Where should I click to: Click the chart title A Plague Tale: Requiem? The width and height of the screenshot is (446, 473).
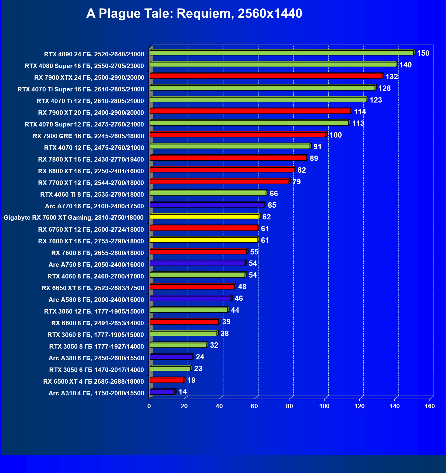tap(194, 13)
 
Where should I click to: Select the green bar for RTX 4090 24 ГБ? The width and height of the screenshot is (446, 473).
tap(282, 53)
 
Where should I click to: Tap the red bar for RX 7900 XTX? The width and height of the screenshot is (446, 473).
tap(266, 76)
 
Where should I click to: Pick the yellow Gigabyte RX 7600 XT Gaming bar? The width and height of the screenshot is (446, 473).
tap(205, 216)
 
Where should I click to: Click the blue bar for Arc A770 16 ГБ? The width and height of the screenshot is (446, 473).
tap(207, 205)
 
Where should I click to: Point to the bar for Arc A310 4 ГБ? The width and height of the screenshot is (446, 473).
tap(162, 392)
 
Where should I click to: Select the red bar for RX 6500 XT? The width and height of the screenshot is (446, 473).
tap(167, 380)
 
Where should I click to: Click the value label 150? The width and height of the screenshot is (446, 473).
tap(423, 53)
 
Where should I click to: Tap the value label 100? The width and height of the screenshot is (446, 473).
tap(336, 135)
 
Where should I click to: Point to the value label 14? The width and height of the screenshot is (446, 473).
tap(183, 392)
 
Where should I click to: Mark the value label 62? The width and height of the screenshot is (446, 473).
tap(267, 217)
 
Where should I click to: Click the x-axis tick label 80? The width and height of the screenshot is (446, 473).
tap(289, 406)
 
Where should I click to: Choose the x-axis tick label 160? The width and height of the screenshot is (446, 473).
tap(430, 406)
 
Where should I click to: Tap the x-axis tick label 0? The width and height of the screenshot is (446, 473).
tap(149, 406)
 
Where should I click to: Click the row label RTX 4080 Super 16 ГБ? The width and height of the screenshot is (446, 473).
tap(84, 66)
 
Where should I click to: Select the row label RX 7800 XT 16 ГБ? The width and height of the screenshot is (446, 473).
tap(91, 159)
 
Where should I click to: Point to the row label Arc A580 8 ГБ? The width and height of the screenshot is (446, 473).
tap(96, 300)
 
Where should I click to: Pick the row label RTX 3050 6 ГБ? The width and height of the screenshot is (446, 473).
tap(97, 370)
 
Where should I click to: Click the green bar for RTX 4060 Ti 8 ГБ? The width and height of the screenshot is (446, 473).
tap(208, 193)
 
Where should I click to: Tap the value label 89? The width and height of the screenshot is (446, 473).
tap(314, 159)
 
